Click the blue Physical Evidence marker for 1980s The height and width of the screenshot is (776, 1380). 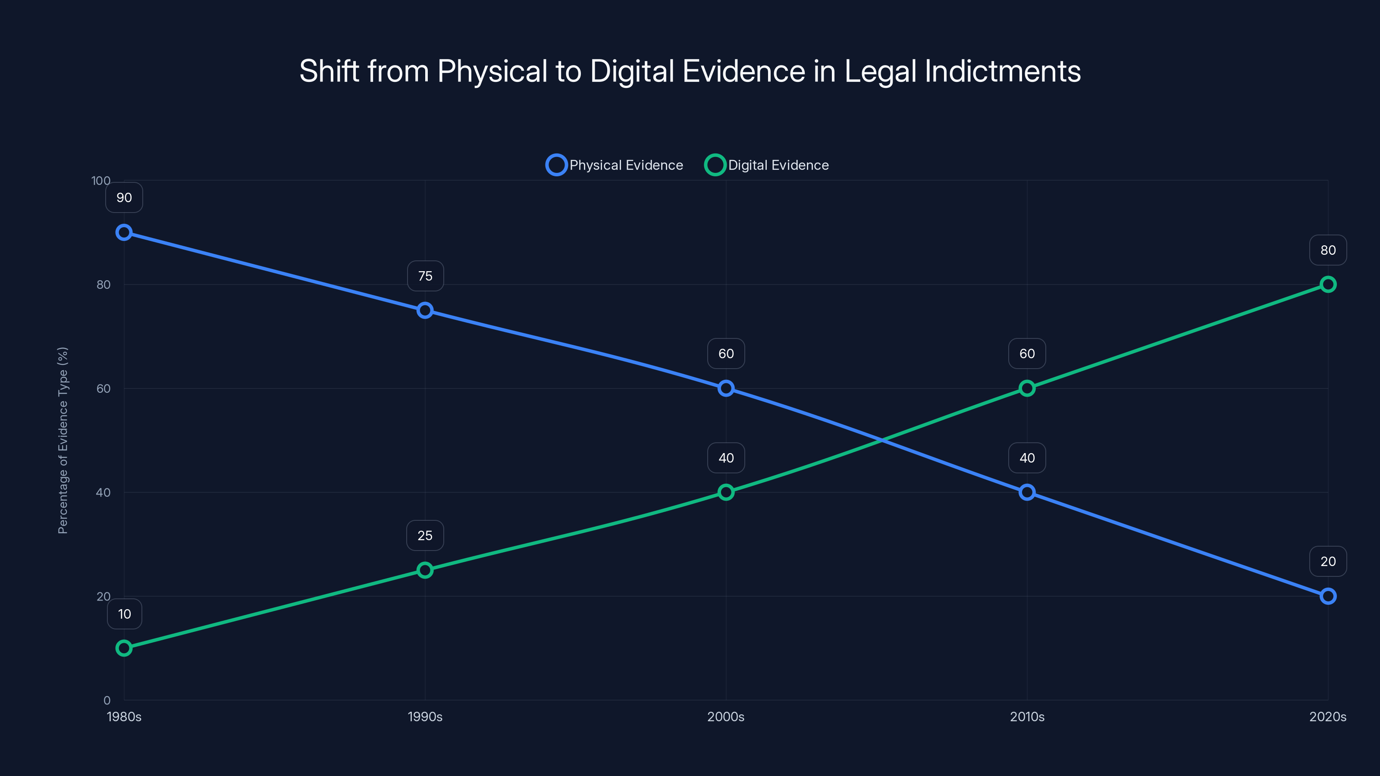point(124,232)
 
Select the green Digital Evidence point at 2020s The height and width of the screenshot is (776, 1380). point(1327,285)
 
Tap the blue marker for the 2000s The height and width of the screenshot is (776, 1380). point(726,388)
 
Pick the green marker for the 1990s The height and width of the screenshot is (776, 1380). point(425,570)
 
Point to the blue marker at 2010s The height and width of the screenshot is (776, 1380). point(1027,492)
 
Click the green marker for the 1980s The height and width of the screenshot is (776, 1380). point(124,648)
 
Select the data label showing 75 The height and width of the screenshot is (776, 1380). point(425,276)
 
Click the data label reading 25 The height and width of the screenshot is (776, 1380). point(425,535)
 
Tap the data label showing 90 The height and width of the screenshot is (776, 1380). point(124,197)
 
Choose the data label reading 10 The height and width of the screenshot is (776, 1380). point(124,614)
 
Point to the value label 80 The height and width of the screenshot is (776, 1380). point(1327,250)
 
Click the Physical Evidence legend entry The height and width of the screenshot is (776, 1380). point(615,165)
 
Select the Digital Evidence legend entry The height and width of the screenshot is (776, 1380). point(767,165)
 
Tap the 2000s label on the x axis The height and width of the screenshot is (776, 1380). point(725,717)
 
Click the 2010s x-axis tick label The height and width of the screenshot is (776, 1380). point(1027,717)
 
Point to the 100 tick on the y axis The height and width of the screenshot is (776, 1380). point(101,181)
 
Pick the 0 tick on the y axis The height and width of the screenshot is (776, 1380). point(107,700)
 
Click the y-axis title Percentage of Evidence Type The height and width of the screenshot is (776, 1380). point(63,440)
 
